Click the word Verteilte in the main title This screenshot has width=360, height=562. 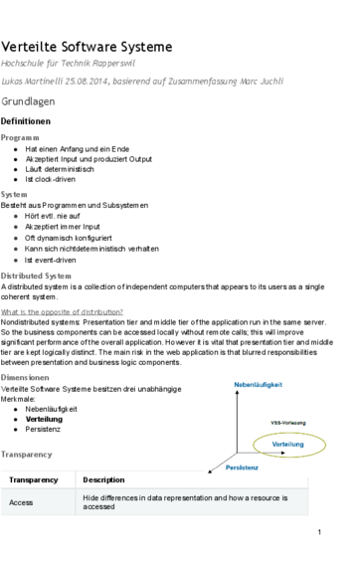tap(33, 47)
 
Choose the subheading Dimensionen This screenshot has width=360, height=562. tap(28, 379)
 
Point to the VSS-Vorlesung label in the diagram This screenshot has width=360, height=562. tap(288, 424)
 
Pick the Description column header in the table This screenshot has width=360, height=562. tap(103, 480)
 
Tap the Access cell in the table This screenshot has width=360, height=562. tap(21, 502)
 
